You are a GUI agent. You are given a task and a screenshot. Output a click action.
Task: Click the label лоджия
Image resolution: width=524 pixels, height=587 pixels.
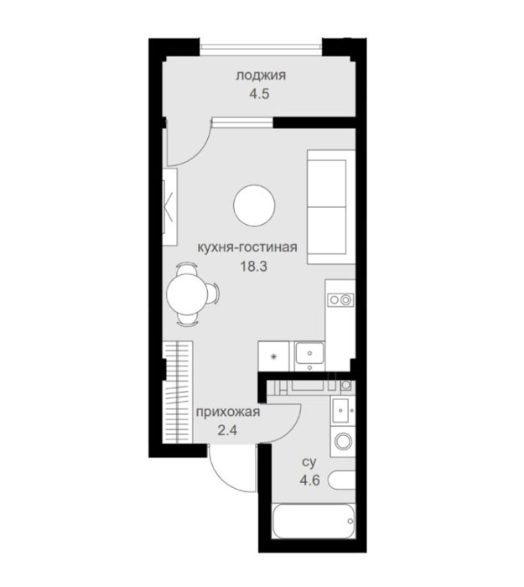(261, 75)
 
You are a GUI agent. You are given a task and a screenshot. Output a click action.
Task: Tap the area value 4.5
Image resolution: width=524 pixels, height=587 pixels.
(260, 94)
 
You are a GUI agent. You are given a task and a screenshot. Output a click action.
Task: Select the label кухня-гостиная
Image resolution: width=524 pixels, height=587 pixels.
(247, 247)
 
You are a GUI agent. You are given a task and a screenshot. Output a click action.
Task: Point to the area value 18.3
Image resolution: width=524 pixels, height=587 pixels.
(254, 267)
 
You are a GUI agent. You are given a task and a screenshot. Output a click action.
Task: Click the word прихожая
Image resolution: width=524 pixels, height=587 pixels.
(228, 413)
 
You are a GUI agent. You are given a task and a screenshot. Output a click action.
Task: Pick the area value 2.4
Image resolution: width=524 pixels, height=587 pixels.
(227, 430)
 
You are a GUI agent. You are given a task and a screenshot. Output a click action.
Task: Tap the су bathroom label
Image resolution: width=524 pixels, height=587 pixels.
(309, 463)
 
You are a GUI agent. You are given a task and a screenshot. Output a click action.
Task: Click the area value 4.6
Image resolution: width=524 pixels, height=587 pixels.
(310, 480)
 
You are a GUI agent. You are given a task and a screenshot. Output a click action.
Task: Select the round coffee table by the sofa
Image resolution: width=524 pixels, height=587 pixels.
(254, 205)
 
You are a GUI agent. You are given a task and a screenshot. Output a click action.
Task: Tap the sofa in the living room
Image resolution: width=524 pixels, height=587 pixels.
(331, 207)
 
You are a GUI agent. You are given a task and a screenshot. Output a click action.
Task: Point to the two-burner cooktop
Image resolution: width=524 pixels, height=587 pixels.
(340, 299)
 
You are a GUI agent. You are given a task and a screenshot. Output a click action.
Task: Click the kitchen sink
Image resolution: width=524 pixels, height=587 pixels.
(310, 353)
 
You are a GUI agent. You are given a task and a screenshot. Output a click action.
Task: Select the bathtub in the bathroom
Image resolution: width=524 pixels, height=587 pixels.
(314, 521)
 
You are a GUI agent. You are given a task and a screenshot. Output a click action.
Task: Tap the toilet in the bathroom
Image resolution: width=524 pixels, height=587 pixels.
(341, 480)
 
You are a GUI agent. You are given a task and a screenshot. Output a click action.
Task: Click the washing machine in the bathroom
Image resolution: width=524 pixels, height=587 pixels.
(343, 441)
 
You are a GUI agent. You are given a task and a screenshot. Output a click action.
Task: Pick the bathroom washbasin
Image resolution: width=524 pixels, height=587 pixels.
(342, 411)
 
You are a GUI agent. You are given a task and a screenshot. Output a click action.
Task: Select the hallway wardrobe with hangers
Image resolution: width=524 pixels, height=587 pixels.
(179, 392)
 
